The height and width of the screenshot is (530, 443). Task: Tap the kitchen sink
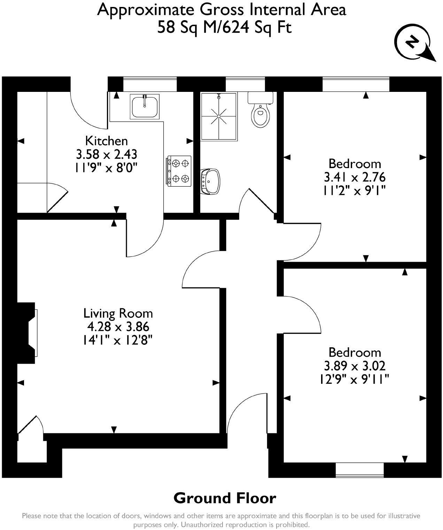(145, 106)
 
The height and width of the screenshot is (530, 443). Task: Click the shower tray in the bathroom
(219, 116)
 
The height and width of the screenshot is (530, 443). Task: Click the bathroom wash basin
(210, 181)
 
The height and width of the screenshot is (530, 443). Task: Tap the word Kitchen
(107, 141)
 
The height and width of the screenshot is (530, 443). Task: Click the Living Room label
(118, 313)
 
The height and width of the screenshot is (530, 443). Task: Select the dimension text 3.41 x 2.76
(355, 177)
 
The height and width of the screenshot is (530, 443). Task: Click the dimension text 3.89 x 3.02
(355, 366)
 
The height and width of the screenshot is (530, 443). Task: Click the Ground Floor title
(225, 498)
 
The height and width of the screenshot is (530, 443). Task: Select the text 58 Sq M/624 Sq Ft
(224, 27)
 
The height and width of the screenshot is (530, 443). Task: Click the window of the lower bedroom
(359, 470)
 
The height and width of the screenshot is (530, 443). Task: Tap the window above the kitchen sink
(150, 84)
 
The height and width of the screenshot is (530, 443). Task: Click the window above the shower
(245, 84)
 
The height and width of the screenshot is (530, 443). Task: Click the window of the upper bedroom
(356, 84)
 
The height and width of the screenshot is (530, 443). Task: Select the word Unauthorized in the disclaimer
(201, 524)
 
